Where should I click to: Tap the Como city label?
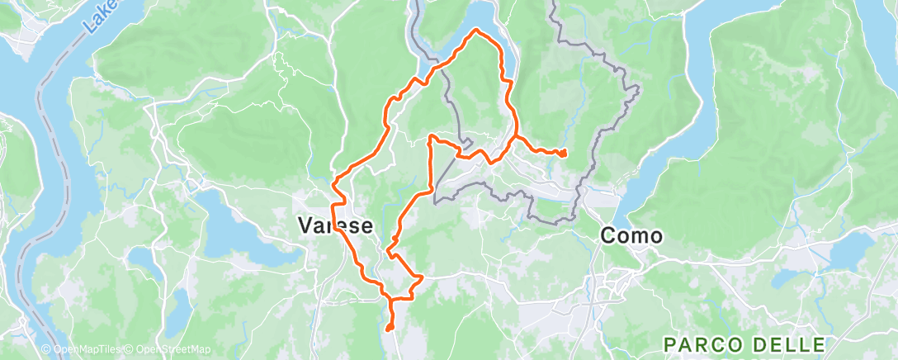631,235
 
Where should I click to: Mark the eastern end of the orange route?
565,154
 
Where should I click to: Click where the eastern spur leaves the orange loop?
517,136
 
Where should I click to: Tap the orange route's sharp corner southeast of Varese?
422,277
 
